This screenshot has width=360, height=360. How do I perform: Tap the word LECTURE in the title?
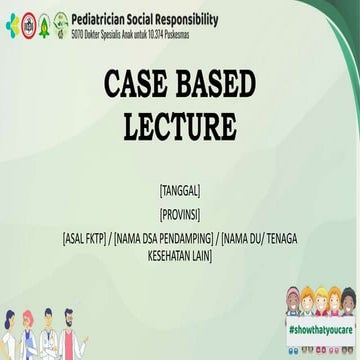click(180, 127)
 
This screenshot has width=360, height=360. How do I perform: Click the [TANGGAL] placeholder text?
click(180, 187)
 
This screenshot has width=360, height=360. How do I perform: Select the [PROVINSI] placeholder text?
click(180, 213)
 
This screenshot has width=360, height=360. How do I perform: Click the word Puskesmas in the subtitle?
click(206, 32)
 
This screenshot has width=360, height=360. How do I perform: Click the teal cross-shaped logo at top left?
click(11, 22)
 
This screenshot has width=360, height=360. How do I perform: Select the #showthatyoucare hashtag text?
click(319, 328)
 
